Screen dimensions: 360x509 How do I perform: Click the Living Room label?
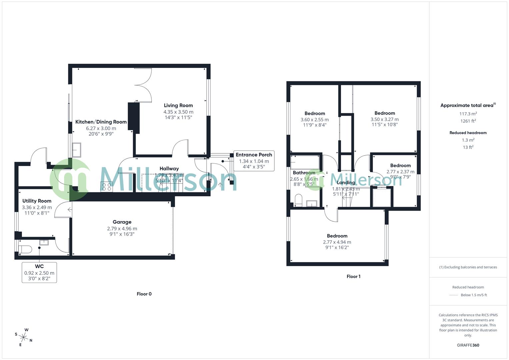coord(178,105)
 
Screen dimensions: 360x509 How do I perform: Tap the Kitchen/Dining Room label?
coord(101,122)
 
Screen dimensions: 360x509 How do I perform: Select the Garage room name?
coord(122,222)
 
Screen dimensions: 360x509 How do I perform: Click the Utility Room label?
coord(37,201)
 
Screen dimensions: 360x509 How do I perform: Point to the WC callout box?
coord(39,272)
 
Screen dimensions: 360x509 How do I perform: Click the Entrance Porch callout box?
coord(254,161)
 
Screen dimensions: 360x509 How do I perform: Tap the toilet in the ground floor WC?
coord(25,249)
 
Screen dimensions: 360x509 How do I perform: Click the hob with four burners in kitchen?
coord(107,187)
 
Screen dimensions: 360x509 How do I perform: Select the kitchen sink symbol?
coord(76,150)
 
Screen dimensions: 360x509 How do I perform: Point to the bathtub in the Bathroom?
coord(305,162)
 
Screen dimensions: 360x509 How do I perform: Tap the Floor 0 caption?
coord(144,294)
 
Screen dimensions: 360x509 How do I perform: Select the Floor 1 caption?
coord(353,276)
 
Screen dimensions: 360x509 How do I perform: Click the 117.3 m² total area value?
coord(468,114)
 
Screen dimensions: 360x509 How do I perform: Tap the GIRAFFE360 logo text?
coord(468,345)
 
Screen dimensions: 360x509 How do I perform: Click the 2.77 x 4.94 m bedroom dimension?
coord(337,242)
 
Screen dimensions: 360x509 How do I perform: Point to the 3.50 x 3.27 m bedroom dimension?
coord(384,119)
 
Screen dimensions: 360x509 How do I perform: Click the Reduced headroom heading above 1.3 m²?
coord(468,133)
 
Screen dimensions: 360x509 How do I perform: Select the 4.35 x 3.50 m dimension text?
coord(178,112)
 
